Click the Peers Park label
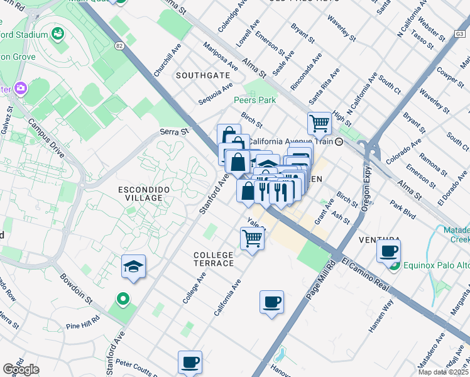click(x=254, y=100)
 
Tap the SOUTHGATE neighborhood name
click(x=202, y=75)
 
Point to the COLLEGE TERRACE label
click(x=214, y=258)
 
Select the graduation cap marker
click(x=133, y=267)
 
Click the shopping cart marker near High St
click(x=319, y=124)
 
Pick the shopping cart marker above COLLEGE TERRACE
click(x=252, y=239)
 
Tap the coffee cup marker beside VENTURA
click(x=389, y=251)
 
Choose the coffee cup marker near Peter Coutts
click(x=190, y=362)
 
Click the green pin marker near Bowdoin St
click(x=123, y=298)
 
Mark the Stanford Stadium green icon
click(x=58, y=33)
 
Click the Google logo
click(x=21, y=369)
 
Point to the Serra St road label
click(x=174, y=132)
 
